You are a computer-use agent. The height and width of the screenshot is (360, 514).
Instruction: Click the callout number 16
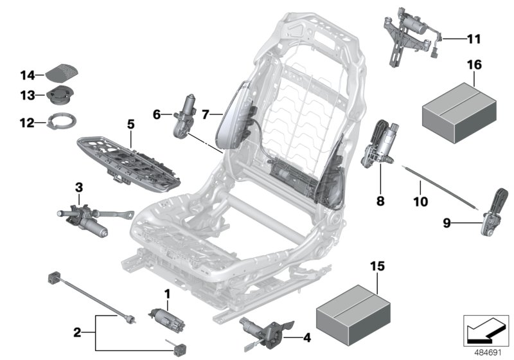(473, 66)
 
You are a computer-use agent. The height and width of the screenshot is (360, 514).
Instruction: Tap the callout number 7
(206, 115)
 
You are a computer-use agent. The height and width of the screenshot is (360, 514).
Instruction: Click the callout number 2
(77, 333)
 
